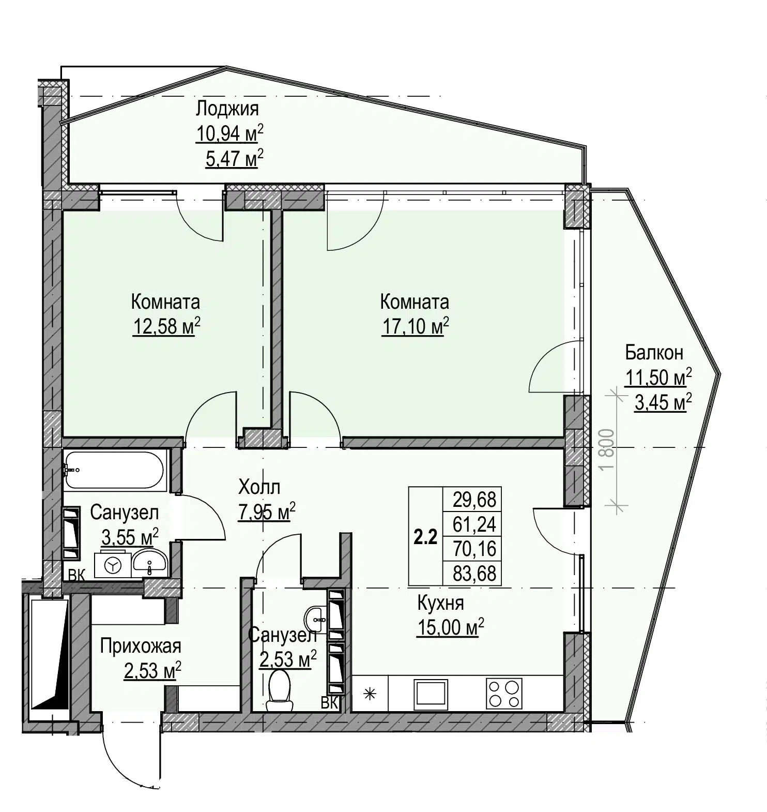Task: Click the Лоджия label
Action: [227, 109]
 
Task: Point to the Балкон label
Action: [654, 353]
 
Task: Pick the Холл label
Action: [259, 487]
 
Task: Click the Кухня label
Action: [440, 603]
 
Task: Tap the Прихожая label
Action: [141, 646]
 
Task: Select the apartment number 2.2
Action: [425, 538]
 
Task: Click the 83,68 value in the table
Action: [474, 574]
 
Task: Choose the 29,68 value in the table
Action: [474, 500]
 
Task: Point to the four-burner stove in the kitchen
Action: [503, 694]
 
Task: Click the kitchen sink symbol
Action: [431, 695]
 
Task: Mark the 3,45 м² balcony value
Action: [663, 402]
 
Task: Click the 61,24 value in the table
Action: [474, 524]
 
